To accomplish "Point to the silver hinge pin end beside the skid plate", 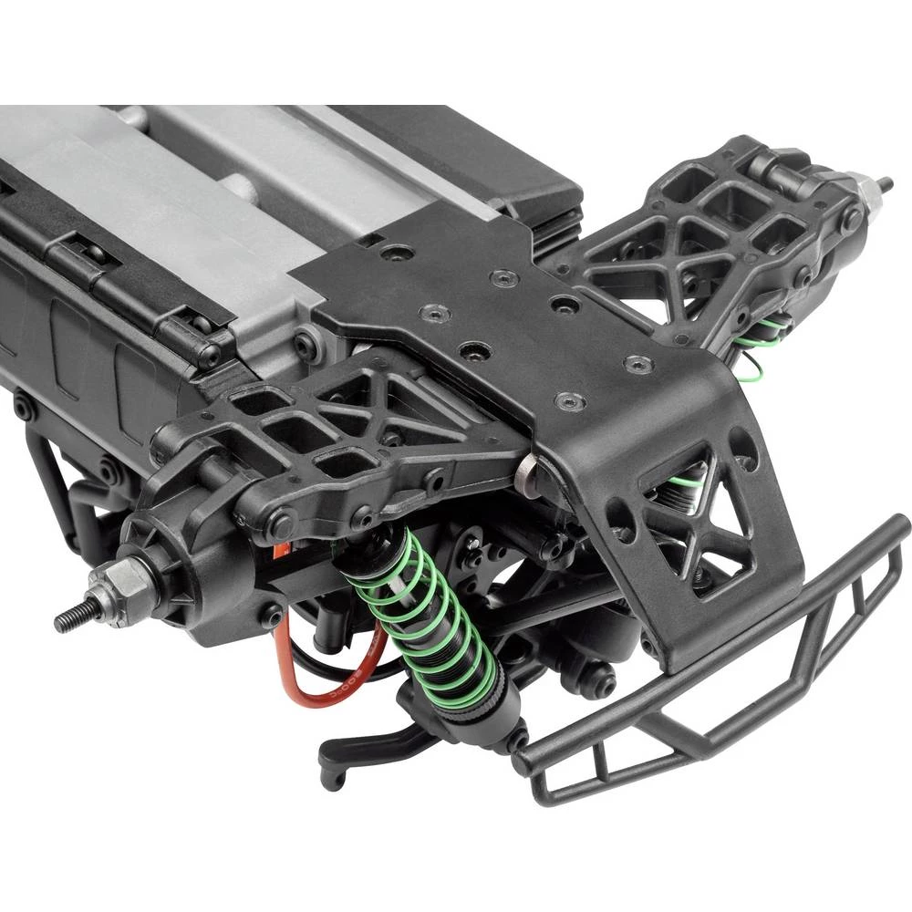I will click(527, 472).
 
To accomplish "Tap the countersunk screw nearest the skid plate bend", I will click(570, 401).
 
